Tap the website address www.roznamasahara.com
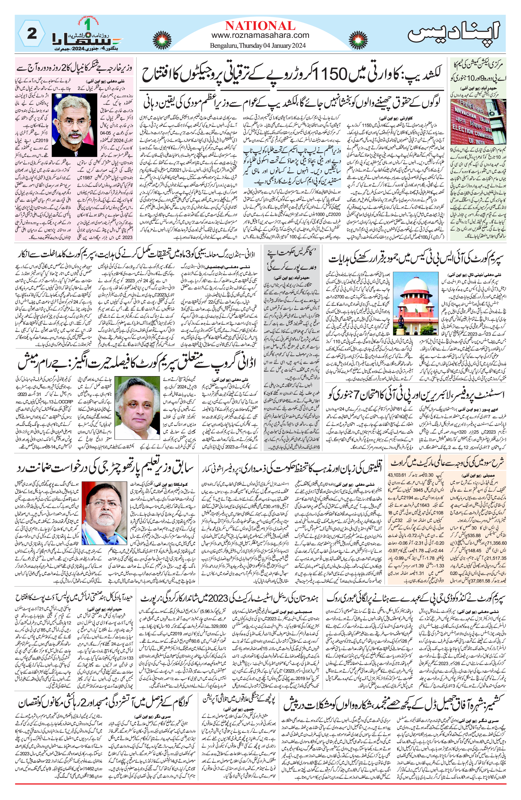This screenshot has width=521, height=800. tap(260, 35)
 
